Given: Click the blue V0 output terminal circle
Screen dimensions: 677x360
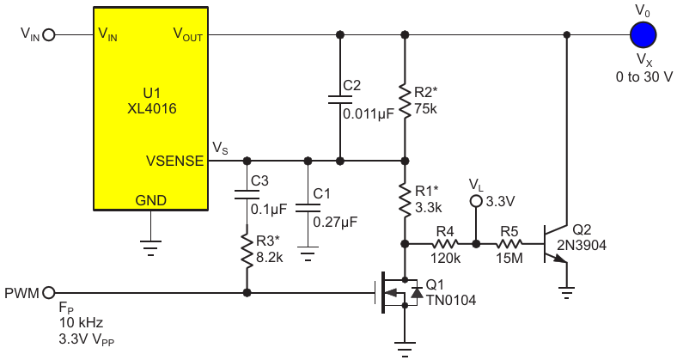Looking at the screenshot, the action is point(643,34).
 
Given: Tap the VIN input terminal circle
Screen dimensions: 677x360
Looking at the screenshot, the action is point(49,34).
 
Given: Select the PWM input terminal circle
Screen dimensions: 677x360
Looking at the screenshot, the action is point(49,293).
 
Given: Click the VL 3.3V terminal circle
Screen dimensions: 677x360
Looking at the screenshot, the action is point(476,201).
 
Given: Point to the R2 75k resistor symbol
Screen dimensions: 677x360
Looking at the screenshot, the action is point(405,101).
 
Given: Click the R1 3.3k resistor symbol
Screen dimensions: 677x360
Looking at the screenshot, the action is point(405,200).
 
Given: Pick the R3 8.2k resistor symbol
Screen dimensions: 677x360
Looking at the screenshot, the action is point(247,251).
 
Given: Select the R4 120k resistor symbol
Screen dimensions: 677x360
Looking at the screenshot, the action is point(445,244).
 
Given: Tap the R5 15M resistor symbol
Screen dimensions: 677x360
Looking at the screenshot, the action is point(509,244).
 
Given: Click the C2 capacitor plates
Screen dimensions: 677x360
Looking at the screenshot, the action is point(340,100).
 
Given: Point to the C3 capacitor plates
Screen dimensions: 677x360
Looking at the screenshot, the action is point(247,195).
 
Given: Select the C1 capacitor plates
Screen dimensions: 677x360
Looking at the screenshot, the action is point(308,208).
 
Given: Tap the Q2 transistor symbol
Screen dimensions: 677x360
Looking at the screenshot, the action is point(556,244).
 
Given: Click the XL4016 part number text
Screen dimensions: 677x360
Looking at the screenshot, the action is point(152,108).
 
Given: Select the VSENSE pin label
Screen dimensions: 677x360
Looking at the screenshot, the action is point(175,161).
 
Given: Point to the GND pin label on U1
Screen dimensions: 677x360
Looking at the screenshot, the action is point(150,200).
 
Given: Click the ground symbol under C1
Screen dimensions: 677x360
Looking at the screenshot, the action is point(308,253).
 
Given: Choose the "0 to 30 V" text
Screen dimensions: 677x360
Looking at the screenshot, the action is point(643,76).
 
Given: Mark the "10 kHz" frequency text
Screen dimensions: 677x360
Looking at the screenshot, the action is point(81,322).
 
